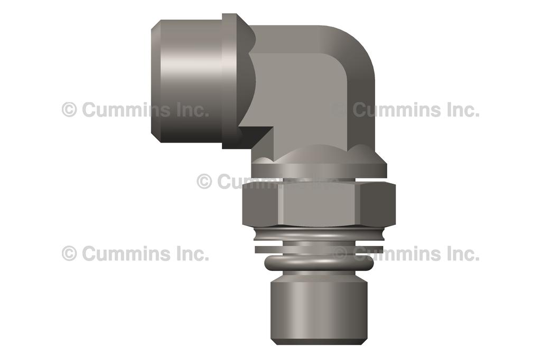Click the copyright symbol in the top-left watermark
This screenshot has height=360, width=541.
point(69,110)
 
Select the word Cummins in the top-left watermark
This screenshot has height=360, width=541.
point(127,110)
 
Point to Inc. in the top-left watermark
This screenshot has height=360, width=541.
point(192,110)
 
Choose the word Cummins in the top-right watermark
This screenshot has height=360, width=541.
point(397,110)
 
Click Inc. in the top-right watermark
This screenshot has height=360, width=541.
point(463,110)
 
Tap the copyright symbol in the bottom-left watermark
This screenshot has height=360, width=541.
point(69,253)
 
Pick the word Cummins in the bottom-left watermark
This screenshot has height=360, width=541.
point(127,253)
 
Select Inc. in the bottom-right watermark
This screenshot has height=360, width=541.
point(463,253)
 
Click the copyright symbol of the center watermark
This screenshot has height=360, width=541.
point(204,182)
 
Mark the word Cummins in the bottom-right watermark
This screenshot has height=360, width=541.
point(397,253)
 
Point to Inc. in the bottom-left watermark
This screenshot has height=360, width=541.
point(192,253)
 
